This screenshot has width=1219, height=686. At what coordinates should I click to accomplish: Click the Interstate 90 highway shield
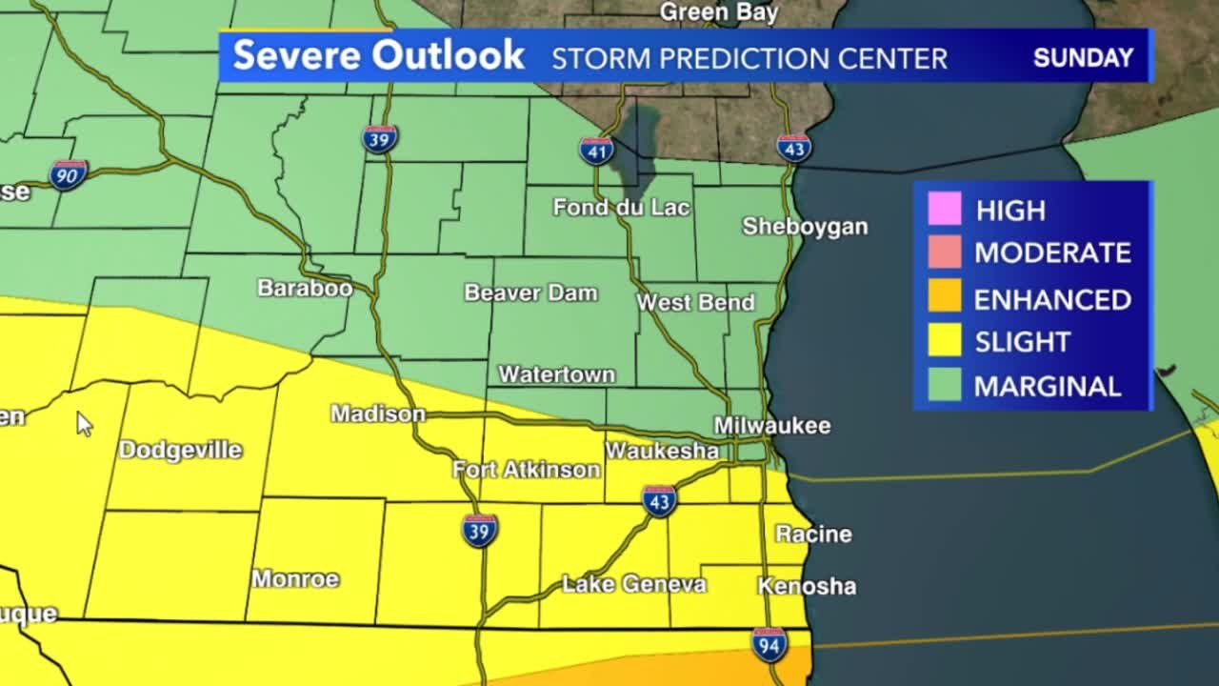point(69,174)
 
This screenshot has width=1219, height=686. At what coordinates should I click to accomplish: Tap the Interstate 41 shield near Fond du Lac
point(596,151)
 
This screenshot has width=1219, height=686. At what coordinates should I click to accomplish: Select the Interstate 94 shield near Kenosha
point(769,645)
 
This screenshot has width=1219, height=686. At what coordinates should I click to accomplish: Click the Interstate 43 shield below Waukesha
point(659,500)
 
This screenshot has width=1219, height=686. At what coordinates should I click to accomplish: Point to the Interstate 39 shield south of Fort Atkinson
point(480,530)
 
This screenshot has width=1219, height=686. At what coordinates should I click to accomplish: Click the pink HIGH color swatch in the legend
point(945,209)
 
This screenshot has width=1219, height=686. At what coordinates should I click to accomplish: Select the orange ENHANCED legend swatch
point(945,297)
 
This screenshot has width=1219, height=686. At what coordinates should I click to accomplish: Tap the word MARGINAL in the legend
point(1047,387)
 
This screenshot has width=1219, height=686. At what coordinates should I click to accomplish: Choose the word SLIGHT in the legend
point(1022,342)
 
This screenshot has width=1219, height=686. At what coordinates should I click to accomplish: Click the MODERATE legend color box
point(945,252)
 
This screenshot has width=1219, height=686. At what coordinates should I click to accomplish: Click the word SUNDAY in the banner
point(1083,57)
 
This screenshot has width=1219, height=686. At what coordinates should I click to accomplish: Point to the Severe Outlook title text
point(378,55)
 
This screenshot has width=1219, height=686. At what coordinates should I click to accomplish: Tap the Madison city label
point(378,414)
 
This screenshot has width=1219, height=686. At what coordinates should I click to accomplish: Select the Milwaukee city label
point(772,426)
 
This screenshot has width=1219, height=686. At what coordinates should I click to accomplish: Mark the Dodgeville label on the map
point(180,450)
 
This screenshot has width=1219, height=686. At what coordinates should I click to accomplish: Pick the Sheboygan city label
point(805,227)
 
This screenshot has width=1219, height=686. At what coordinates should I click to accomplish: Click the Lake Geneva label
point(634,584)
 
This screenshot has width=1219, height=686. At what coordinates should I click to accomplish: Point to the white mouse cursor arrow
point(84,423)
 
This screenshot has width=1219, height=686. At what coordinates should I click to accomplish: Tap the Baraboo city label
point(305,288)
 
